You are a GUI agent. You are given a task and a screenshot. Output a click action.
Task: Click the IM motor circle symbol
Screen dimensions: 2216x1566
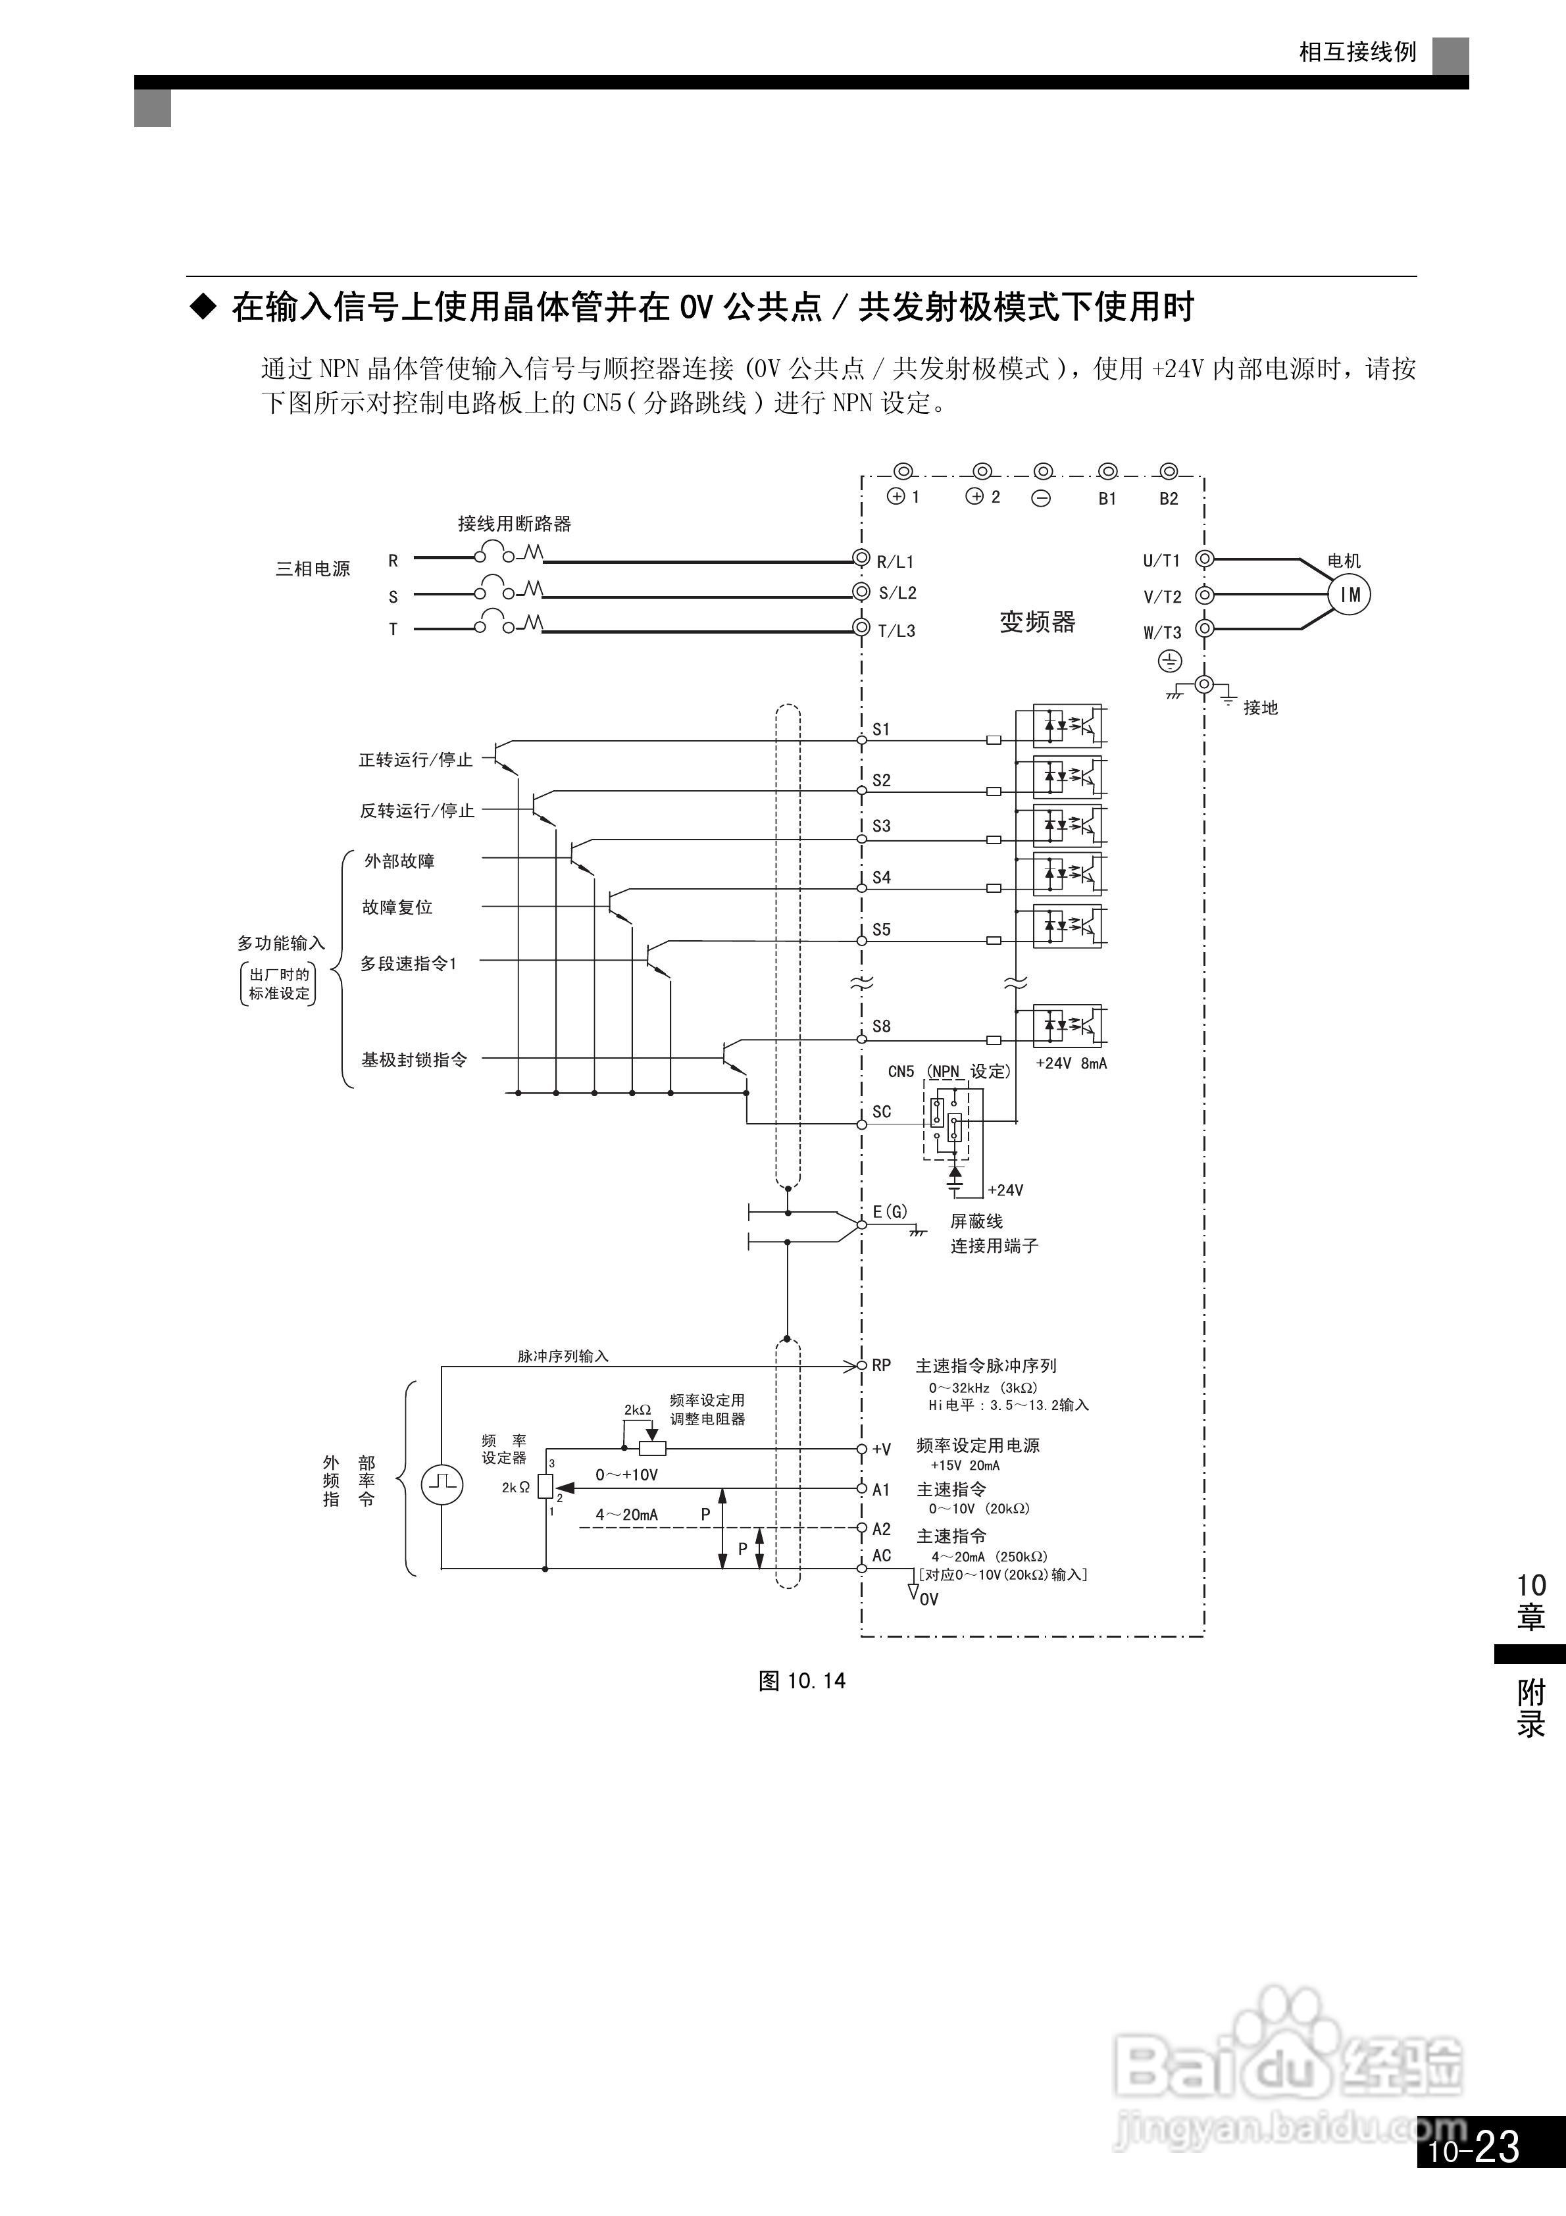coord(1350,595)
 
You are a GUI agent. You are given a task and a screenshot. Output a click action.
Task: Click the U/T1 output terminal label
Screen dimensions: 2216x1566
coord(1161,561)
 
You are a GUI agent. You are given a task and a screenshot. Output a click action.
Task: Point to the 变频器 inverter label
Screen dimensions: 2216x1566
coord(1037,622)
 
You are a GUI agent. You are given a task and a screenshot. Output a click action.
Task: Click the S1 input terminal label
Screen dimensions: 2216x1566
coord(880,730)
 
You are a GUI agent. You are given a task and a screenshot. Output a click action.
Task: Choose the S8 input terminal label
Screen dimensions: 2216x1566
coord(880,1026)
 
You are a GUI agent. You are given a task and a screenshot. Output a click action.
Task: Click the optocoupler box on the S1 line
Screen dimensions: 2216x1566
coord(1067,726)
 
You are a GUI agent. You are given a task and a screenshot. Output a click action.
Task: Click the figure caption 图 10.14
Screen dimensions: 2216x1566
coord(801,1681)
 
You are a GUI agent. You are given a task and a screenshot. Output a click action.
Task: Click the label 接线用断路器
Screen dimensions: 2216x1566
coord(514,524)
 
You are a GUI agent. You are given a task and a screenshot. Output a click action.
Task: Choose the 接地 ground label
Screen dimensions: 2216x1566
coord(1260,707)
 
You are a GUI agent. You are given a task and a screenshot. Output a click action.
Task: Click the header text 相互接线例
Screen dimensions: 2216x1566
coord(1357,52)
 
